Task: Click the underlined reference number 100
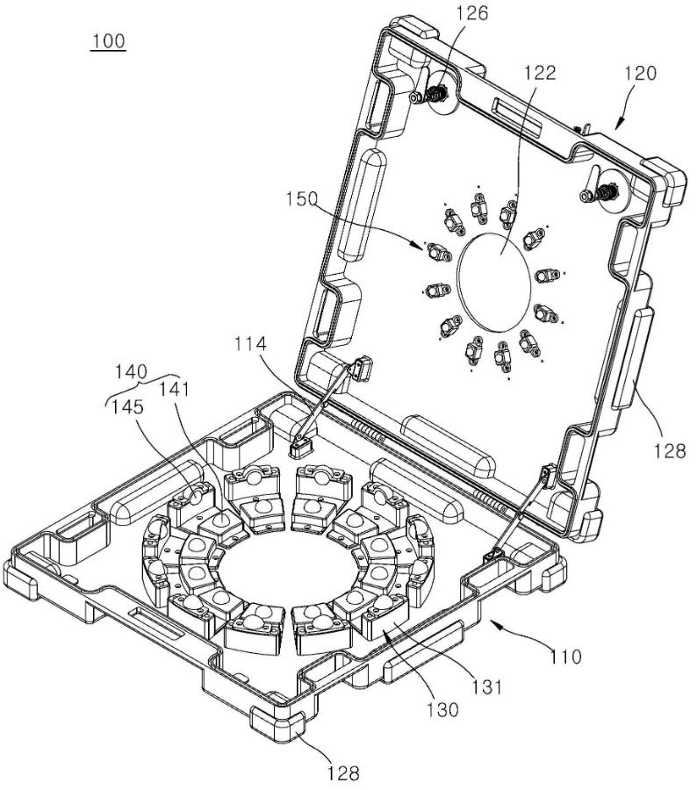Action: click(x=108, y=40)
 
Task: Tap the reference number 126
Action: click(x=472, y=13)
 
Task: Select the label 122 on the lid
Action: click(x=539, y=73)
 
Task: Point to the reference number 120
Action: click(x=641, y=73)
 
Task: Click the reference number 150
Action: click(x=302, y=199)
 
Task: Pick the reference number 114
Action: click(x=250, y=344)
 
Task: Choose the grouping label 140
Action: click(x=131, y=372)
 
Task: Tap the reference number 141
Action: click(x=174, y=389)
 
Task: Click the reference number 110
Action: click(x=565, y=657)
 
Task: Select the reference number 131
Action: click(x=487, y=686)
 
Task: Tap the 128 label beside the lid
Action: click(x=670, y=450)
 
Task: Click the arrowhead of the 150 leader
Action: click(x=420, y=246)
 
